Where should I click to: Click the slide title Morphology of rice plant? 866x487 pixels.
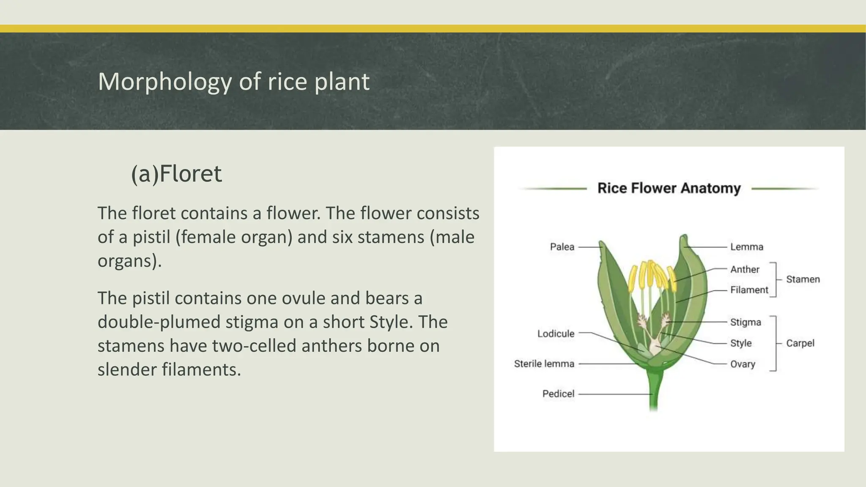(x=233, y=82)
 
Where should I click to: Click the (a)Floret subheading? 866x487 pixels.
(x=176, y=174)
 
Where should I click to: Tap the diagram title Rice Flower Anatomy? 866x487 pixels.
(x=669, y=188)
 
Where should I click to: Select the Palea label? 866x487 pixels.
(x=562, y=247)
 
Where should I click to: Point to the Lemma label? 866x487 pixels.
(x=746, y=247)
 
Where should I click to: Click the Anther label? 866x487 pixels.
(x=745, y=269)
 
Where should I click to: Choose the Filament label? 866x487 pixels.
(x=749, y=290)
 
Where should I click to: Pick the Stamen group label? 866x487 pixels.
(x=803, y=279)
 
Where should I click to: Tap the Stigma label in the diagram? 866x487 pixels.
(x=745, y=322)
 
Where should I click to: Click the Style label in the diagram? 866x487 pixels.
(x=741, y=343)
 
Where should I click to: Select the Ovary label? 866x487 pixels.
(x=743, y=364)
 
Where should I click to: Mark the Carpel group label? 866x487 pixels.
(x=800, y=343)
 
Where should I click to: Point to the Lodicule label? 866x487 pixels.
(x=556, y=334)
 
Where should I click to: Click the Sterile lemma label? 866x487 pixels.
(x=544, y=364)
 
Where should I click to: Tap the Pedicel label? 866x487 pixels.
(x=558, y=394)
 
